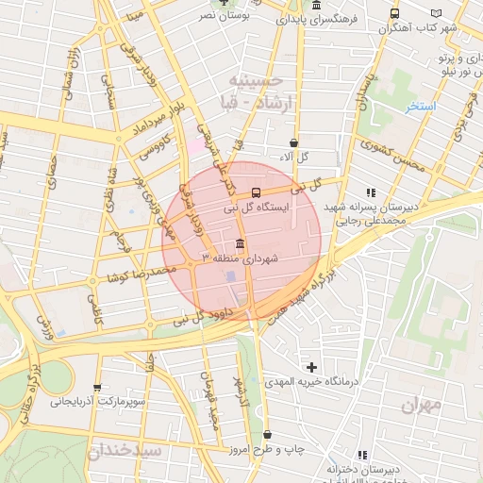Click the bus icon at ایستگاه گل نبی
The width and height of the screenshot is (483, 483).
257,192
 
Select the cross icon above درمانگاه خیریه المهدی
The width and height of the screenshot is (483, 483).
311,366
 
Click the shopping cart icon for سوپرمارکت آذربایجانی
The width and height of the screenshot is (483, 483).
97,387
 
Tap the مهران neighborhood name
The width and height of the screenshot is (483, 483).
421,405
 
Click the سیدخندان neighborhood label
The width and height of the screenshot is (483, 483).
125,451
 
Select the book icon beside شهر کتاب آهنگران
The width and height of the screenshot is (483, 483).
436,13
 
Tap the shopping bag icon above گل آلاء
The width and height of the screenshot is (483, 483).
293,142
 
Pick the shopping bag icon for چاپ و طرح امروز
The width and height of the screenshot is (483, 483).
270,435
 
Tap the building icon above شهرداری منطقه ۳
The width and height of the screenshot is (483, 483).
239,243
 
